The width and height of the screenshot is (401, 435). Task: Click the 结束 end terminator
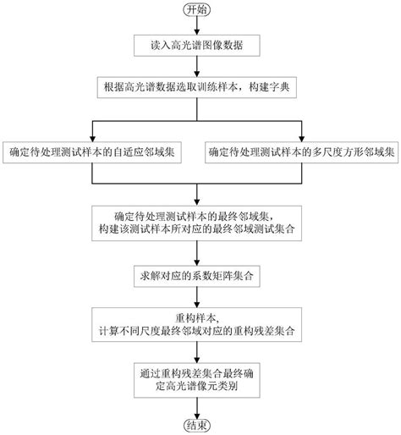200,422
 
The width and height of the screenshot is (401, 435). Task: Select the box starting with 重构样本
200,322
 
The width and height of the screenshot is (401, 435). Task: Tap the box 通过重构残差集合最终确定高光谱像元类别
200,378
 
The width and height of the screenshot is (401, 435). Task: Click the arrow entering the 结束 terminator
200,405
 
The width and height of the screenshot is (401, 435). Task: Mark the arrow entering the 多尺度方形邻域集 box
302,131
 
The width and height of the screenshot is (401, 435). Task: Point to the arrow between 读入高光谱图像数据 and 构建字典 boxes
200,67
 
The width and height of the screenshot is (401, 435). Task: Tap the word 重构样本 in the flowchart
200,314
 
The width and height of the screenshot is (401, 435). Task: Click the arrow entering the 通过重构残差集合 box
200,352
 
